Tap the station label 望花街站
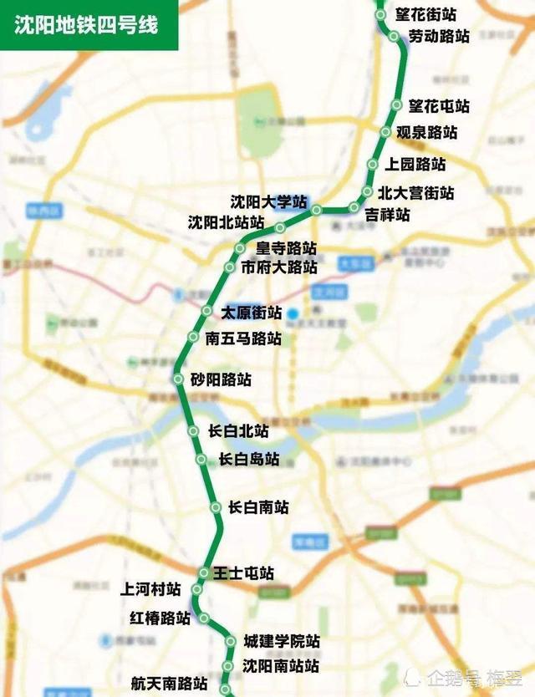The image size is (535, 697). click(426, 14)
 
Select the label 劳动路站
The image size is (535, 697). click(439, 36)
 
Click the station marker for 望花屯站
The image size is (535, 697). click(397, 105)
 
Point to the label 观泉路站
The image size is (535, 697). click(426, 132)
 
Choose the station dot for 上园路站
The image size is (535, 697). click(374, 165)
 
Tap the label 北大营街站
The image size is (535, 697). click(415, 193)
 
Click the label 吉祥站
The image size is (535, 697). click(388, 215)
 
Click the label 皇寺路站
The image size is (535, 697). click(287, 248)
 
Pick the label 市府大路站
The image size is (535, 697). click(279, 267)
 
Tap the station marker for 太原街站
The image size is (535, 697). click(206, 311)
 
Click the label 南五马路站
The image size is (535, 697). click(243, 338)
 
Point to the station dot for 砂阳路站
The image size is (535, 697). click(178, 379)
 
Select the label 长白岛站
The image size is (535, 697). click(249, 459)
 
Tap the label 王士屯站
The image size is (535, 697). click(243, 573)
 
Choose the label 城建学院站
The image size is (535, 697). click(282, 641)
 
